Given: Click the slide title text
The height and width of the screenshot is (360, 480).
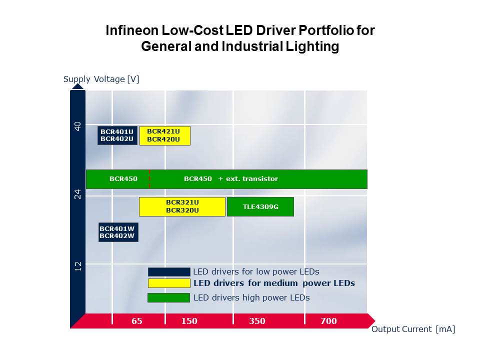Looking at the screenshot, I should (240, 38).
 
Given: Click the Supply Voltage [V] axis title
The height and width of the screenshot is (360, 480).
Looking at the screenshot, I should (101, 79).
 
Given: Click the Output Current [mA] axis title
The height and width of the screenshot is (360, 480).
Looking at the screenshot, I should (413, 329).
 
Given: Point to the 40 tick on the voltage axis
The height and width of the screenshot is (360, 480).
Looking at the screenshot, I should (77, 126).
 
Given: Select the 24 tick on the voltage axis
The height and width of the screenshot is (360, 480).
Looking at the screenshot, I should (77, 195).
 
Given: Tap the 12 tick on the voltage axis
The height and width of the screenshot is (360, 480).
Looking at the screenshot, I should (77, 266).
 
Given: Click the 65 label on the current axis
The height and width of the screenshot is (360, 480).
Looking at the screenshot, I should (137, 321).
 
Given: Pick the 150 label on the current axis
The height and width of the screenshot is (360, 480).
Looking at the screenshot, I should (189, 321).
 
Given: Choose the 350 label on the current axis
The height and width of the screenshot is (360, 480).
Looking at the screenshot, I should (257, 321).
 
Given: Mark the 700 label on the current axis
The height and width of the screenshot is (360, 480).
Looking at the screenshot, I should (328, 321).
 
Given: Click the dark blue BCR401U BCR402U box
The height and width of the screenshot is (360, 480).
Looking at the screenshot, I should (117, 135).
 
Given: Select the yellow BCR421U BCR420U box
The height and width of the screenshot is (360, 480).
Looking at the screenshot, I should (164, 135).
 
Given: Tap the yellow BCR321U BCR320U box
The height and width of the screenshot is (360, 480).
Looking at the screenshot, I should (182, 206).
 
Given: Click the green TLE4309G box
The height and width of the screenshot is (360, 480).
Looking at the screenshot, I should (260, 206).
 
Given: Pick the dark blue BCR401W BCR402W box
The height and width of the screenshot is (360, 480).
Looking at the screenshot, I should (118, 232).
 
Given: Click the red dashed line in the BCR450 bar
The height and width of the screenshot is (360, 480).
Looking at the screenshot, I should (149, 179).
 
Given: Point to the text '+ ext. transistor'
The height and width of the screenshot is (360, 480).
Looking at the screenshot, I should (248, 179).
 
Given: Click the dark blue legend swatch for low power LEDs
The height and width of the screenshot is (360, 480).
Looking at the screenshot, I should (169, 272).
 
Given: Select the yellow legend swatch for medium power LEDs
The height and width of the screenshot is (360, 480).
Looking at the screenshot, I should (169, 283).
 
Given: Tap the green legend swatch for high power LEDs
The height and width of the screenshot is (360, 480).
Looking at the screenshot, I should (169, 297).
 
